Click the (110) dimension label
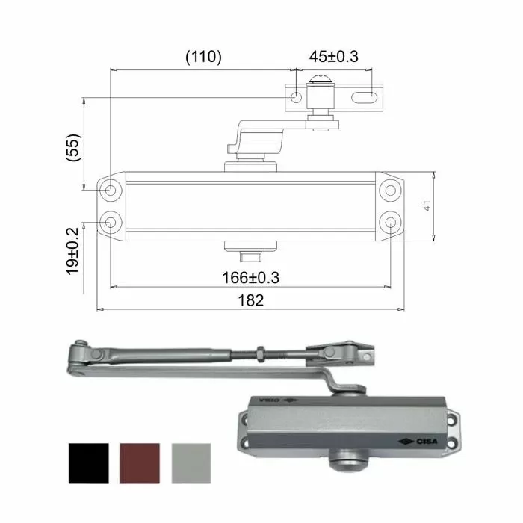tap(202, 57)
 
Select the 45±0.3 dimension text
tap(333, 57)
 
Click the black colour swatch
tap(88, 463)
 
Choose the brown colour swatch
tap(140, 463)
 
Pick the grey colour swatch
tap(192, 463)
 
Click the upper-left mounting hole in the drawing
tap(111, 190)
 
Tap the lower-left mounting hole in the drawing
tap(111, 222)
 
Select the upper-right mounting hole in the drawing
tap(390, 190)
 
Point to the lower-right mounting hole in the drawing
tap(390, 222)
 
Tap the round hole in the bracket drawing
tap(297, 97)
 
